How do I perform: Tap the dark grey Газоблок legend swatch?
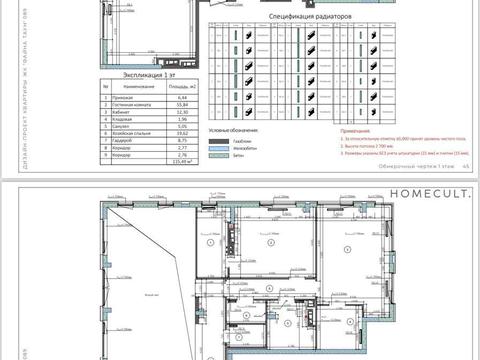(218, 142)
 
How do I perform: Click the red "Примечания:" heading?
(357, 130)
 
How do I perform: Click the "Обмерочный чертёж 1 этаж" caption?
(411, 168)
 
